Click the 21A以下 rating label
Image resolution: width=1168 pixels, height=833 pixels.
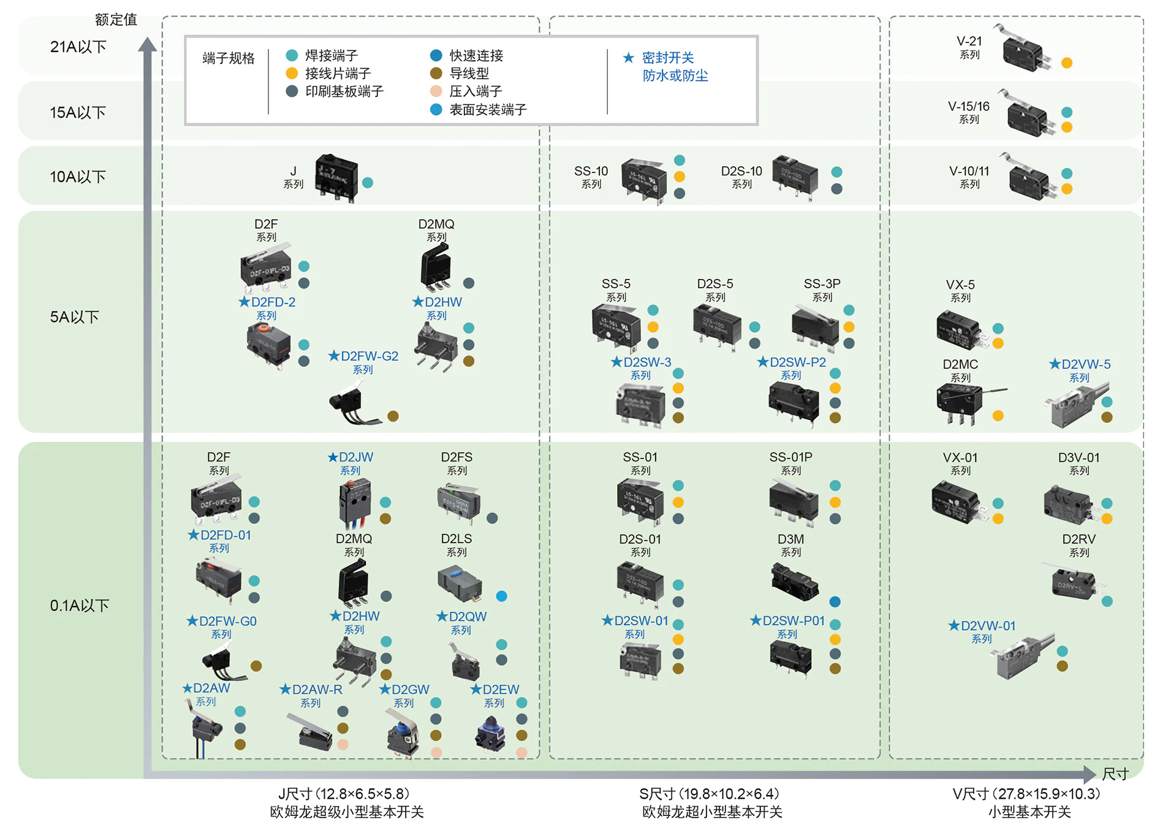(78, 47)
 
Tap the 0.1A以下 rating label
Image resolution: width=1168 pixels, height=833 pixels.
(79, 606)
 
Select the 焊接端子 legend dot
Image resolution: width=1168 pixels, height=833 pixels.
(292, 56)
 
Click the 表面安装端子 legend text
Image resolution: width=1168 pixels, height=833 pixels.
(488, 110)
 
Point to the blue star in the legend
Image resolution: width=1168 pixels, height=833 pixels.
(628, 58)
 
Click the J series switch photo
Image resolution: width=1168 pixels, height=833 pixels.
(336, 177)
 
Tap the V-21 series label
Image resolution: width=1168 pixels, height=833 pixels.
(969, 47)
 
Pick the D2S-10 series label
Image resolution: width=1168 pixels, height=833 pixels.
(741, 176)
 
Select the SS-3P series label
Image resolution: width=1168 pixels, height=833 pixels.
(822, 289)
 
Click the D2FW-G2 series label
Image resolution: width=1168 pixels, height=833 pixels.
(363, 362)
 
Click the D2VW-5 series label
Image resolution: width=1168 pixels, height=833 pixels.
(1079, 370)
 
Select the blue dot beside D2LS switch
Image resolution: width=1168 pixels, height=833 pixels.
(501, 596)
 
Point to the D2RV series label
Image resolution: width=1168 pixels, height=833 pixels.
(1079, 545)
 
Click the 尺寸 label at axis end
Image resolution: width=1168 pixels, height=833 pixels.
(1115, 774)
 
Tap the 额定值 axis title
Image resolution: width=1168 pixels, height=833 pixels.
(116, 20)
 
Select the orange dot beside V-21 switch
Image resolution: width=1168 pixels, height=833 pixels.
(1067, 63)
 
